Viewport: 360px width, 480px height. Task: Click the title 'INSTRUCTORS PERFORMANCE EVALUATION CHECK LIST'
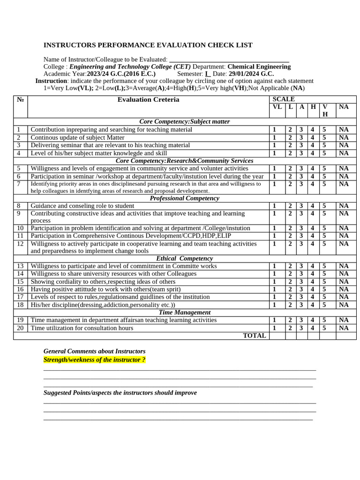pos(148,45)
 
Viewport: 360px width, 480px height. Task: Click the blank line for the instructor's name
pos(229,60)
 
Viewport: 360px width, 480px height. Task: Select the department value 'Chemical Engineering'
pos(259,67)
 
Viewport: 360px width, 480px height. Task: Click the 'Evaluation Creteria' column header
pos(148,99)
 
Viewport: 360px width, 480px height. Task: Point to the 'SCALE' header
pos(284,99)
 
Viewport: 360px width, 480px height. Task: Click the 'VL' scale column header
pos(277,107)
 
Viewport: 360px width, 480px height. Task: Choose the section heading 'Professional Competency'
pos(184,198)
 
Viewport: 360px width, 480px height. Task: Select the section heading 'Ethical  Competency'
pos(184,258)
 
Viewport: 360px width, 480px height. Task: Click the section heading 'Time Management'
pos(184,312)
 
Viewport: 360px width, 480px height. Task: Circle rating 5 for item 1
pos(324,129)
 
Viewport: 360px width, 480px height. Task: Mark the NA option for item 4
pos(344,153)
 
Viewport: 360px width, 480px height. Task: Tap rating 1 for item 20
pos(275,328)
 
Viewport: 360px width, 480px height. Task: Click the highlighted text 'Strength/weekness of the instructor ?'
pos(94,360)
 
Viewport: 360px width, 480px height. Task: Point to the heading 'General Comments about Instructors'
pos(94,351)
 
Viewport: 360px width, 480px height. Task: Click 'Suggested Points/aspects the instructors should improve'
pos(120,393)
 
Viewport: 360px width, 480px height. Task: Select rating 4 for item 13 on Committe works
pos(312,266)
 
